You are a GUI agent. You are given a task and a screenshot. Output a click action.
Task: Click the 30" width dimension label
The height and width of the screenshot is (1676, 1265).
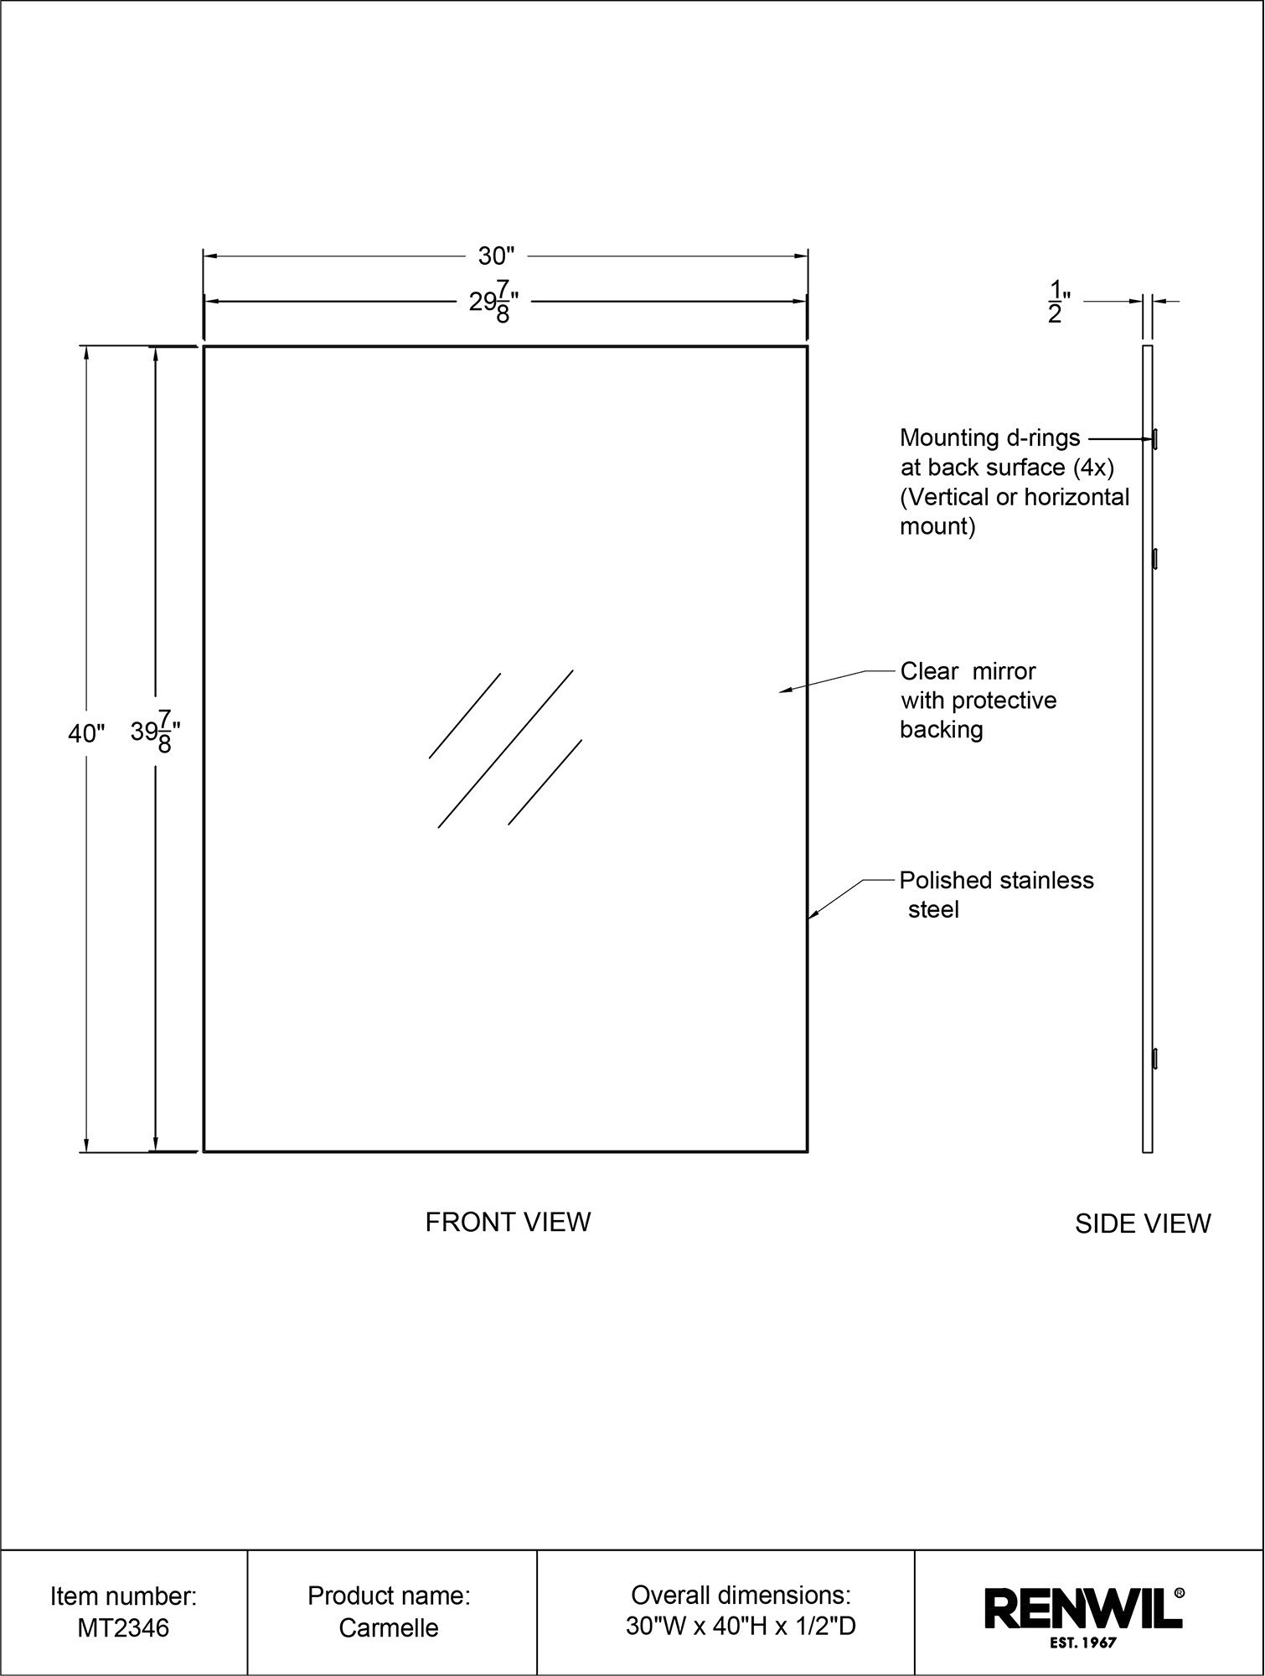tap(496, 256)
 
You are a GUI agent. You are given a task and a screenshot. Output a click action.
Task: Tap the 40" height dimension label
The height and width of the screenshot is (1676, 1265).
tap(86, 734)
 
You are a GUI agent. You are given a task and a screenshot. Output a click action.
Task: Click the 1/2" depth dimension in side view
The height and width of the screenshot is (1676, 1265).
tap(1058, 303)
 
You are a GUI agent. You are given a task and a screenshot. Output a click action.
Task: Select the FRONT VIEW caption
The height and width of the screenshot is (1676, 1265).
tap(508, 1223)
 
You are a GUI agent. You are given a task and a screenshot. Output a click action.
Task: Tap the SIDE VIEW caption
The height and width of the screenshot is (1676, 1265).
tap(1143, 1224)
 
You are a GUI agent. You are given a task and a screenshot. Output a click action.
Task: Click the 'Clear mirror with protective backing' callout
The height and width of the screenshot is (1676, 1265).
tap(978, 701)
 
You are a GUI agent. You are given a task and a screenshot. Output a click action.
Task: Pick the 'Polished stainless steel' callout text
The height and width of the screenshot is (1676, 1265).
tap(997, 895)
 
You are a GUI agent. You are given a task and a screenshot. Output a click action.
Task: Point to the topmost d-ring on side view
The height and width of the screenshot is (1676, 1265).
tap(1155, 437)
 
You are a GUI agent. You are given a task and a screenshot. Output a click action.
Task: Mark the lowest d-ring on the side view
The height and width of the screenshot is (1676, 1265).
tap(1155, 1058)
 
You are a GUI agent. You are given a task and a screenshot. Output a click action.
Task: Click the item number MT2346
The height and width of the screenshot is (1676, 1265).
tap(123, 1628)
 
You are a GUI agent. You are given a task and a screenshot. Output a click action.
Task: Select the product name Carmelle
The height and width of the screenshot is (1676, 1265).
tap(389, 1628)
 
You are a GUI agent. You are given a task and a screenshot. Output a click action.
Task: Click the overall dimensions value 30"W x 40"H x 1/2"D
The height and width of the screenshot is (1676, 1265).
tap(741, 1627)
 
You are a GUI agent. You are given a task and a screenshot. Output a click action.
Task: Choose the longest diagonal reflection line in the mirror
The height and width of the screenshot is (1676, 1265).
tap(505, 749)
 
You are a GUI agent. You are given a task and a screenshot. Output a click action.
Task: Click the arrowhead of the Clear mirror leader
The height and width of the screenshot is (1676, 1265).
tap(786, 691)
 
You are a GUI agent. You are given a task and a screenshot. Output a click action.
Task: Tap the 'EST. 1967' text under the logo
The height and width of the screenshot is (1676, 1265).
tap(1082, 1643)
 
